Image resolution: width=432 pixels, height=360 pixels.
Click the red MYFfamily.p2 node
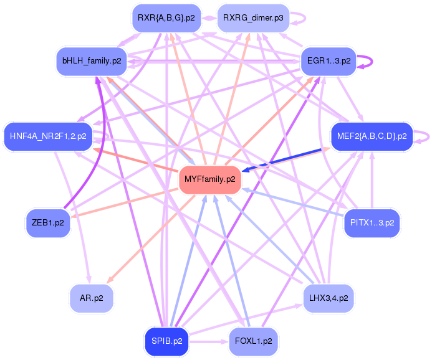click(x=210, y=179)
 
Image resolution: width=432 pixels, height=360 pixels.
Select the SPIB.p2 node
click(x=166, y=341)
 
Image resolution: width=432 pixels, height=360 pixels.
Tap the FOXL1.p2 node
click(x=254, y=341)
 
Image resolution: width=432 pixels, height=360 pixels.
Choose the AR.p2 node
click(x=92, y=298)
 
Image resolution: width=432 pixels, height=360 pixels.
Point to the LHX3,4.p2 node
click(x=329, y=298)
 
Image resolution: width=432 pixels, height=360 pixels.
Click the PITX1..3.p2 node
click(x=372, y=222)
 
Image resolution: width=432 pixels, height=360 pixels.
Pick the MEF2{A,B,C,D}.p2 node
click(x=372, y=136)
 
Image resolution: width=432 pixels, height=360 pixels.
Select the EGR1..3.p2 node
click(x=329, y=61)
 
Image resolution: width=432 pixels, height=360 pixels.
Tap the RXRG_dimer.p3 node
click(x=253, y=18)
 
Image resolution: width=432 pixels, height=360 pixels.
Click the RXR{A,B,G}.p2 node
click(x=166, y=18)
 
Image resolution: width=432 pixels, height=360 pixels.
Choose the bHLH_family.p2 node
click(x=92, y=61)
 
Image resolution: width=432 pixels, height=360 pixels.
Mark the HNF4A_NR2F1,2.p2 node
click(x=48, y=136)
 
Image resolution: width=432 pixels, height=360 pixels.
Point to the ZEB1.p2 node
click(x=48, y=222)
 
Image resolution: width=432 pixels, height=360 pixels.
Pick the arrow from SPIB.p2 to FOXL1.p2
click(x=209, y=342)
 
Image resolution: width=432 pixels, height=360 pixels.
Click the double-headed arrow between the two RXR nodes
click(x=209, y=18)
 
